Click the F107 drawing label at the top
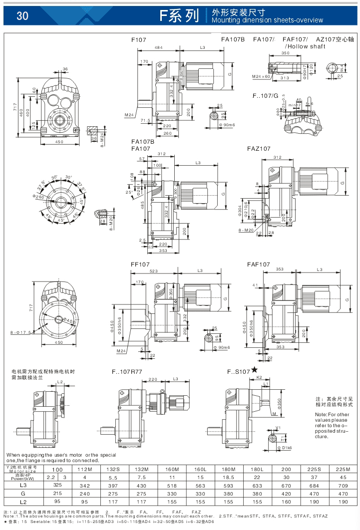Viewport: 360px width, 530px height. [x=138, y=39]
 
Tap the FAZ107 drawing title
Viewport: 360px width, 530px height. [x=259, y=149]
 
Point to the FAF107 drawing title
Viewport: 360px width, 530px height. [x=258, y=264]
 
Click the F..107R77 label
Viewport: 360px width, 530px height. [x=127, y=372]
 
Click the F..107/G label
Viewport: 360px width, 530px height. [x=265, y=95]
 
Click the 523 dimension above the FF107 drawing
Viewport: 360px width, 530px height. [x=154, y=271]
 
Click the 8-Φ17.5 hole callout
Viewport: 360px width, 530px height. [x=20, y=331]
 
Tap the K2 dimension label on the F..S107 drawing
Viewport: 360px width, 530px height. [x=259, y=378]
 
